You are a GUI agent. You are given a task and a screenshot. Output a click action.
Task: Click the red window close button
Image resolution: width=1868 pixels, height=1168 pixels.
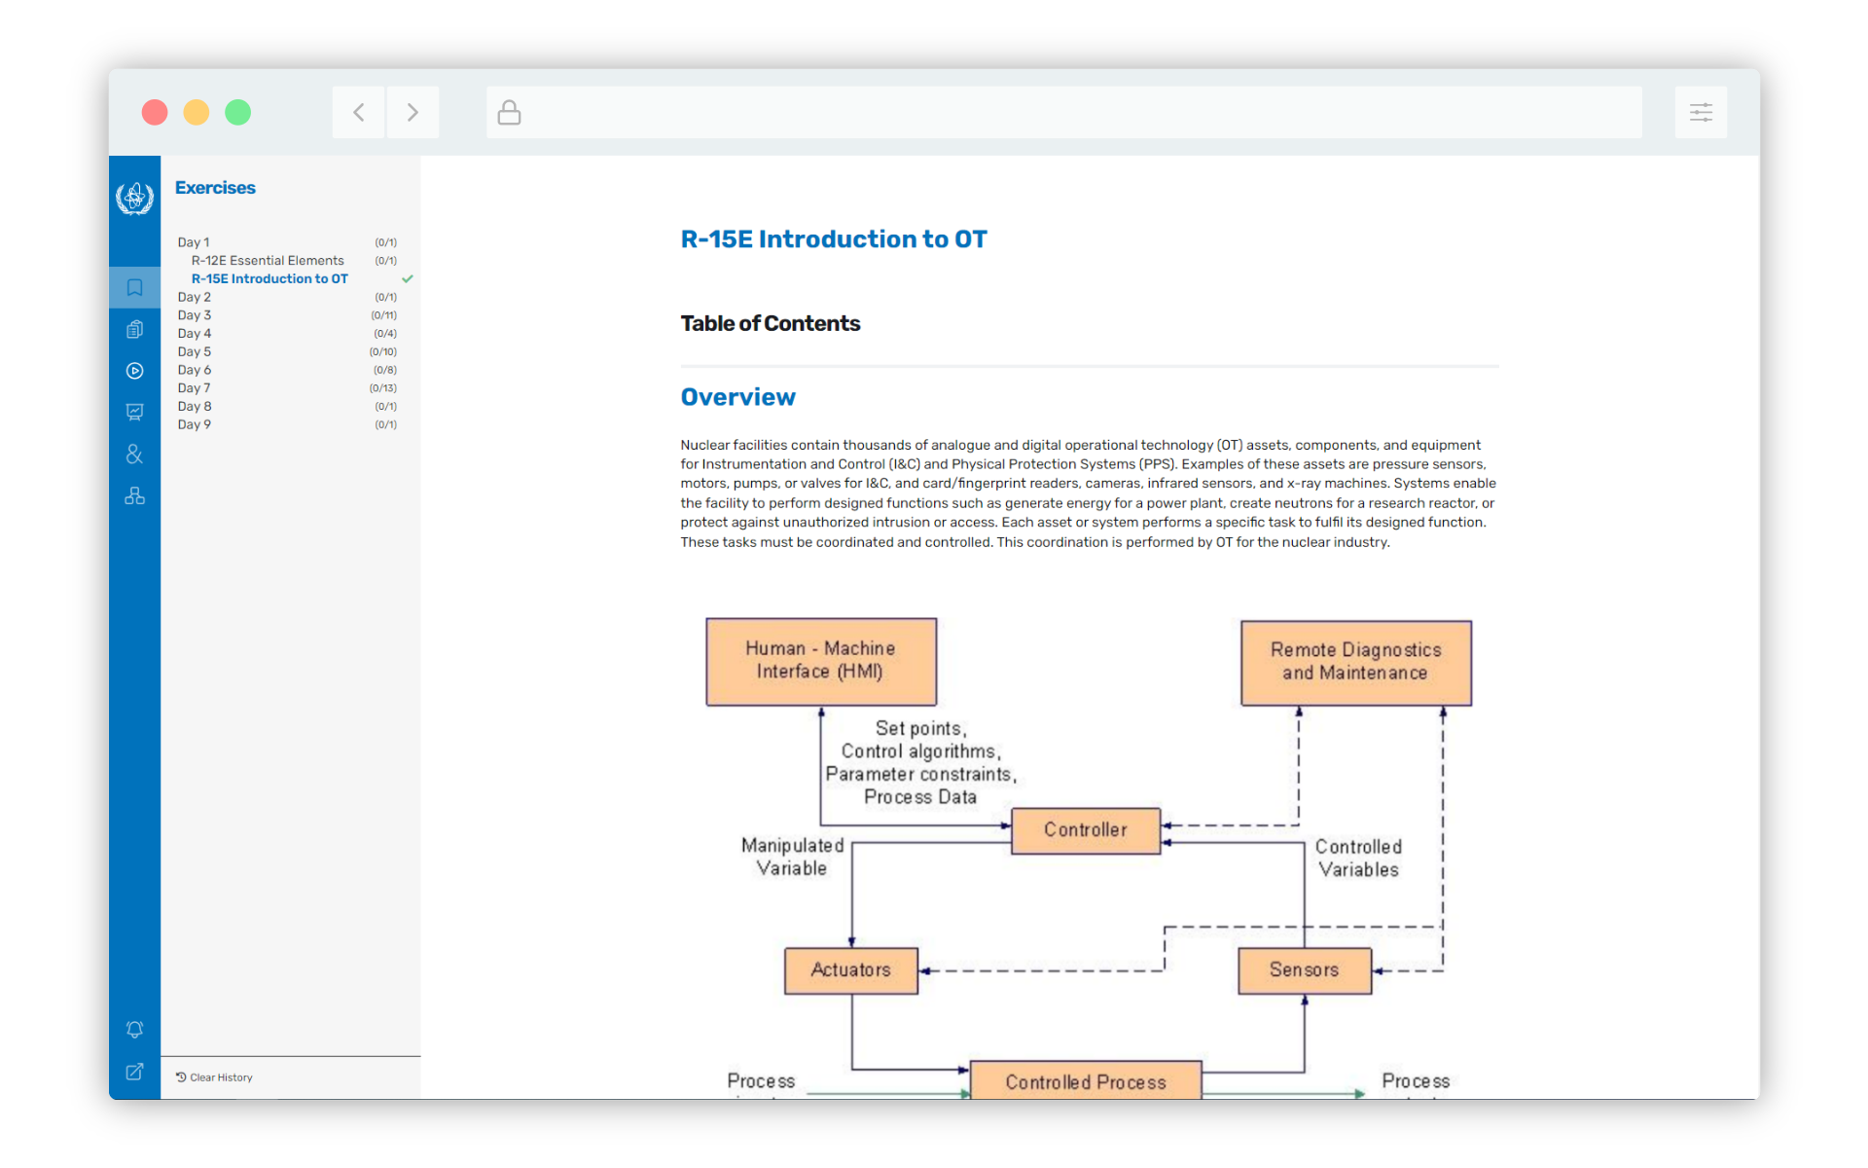(x=155, y=113)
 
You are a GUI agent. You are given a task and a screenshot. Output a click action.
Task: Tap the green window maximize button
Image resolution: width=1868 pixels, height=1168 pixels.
(x=238, y=113)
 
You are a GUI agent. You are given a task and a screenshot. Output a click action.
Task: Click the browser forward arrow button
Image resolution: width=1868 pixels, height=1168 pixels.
(x=413, y=113)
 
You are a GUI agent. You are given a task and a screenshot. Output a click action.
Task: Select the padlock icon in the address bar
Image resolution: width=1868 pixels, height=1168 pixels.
(x=509, y=113)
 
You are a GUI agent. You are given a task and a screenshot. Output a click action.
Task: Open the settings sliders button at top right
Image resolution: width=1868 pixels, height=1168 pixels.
(x=1700, y=113)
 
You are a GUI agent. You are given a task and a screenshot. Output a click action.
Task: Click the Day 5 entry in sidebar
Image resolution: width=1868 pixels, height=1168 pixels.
(x=195, y=351)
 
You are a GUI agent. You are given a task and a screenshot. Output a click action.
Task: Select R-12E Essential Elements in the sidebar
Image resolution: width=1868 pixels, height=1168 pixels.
(x=268, y=261)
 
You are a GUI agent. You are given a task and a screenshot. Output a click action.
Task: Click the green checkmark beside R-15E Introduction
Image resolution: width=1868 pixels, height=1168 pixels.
(x=408, y=279)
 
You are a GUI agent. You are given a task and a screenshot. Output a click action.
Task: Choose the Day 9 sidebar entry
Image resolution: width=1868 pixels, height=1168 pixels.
(x=195, y=424)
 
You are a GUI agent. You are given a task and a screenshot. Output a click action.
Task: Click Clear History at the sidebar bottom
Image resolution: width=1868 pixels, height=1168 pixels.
(x=215, y=1077)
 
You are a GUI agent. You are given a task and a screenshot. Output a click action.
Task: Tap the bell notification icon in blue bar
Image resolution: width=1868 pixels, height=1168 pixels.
(x=135, y=1030)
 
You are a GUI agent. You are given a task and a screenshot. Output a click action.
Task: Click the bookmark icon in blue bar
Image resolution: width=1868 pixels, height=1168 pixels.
(x=135, y=287)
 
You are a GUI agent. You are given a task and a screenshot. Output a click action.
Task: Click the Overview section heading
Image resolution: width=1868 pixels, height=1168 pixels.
(x=737, y=397)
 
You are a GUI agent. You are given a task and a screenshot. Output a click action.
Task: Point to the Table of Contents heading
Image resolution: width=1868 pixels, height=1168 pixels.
(x=770, y=323)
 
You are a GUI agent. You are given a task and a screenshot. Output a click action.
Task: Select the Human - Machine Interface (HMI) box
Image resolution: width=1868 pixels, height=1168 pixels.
(x=821, y=661)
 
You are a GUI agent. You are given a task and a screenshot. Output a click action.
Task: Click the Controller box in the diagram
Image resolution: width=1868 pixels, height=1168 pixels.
(x=1086, y=830)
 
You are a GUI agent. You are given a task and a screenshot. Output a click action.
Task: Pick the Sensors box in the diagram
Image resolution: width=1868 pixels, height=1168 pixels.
(x=1304, y=970)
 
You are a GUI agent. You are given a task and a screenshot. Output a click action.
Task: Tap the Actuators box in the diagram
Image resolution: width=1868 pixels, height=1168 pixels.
(x=850, y=970)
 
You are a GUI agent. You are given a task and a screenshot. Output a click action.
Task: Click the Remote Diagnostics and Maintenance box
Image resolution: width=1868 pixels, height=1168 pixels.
(x=1355, y=662)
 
